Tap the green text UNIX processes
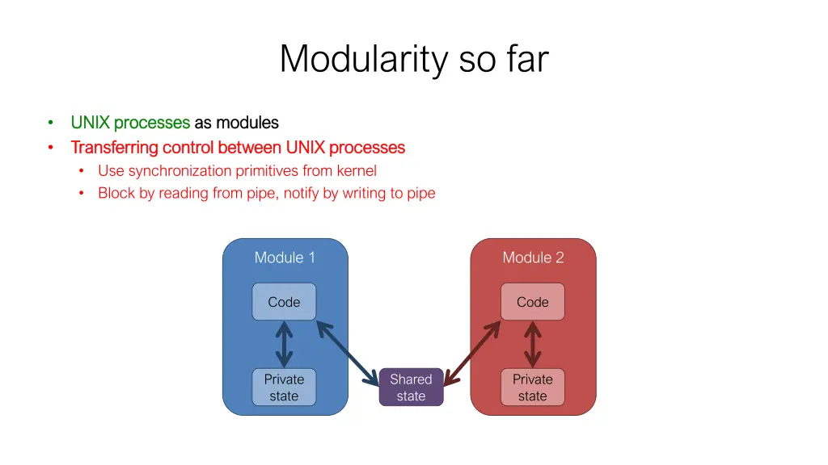coord(130,123)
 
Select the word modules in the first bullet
coord(247,123)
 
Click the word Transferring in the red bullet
coord(114,147)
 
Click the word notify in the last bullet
coord(301,193)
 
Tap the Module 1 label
coord(285,258)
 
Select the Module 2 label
coord(533,258)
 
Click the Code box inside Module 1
coord(284,302)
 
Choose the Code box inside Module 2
coord(532,302)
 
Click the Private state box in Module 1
coord(284,387)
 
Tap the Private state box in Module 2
coord(532,387)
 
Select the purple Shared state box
coord(411,387)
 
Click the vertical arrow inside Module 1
coord(284,345)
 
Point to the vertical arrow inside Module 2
coord(532,345)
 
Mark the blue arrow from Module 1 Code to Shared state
coord(347,352)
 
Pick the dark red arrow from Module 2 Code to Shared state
coord(473,352)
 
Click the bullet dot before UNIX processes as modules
coord(50,123)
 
